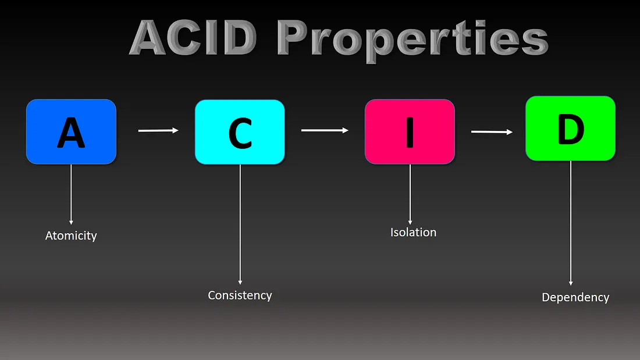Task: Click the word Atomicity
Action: [x=71, y=236]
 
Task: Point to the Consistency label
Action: [x=240, y=295]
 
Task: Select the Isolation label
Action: [x=413, y=233]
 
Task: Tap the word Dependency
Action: [x=575, y=298]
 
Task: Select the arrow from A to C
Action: [x=158, y=131]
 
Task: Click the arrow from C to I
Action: [x=325, y=130]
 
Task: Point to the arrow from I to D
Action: [x=492, y=132]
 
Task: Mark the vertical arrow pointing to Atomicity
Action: [x=71, y=195]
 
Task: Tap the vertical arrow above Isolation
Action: [x=410, y=195]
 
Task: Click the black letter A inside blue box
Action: [x=71, y=133]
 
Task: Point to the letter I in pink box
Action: [x=410, y=131]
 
